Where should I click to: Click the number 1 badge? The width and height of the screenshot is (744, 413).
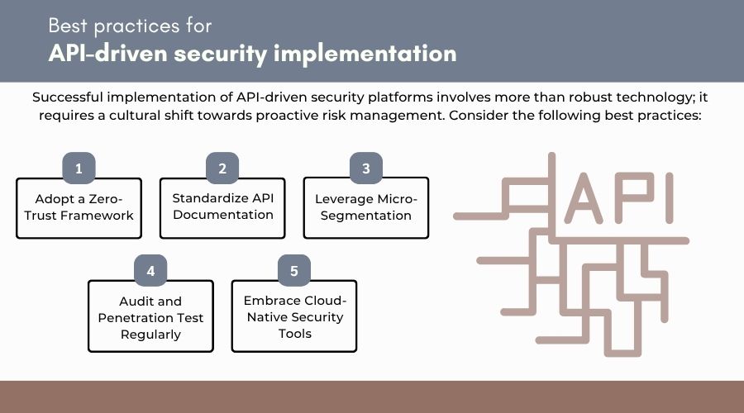pyautogui.click(x=79, y=169)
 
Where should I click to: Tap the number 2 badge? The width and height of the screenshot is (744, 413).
pyautogui.click(x=222, y=169)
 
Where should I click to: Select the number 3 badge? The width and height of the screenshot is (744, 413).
pyautogui.click(x=365, y=169)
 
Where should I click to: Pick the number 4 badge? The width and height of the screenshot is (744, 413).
pyautogui.click(x=150, y=271)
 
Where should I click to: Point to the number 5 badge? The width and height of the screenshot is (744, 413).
pyautogui.click(x=294, y=271)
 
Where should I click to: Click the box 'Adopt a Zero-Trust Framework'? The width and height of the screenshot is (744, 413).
pyautogui.click(x=79, y=207)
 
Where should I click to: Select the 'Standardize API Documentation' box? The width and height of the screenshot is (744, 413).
pyautogui.click(x=222, y=206)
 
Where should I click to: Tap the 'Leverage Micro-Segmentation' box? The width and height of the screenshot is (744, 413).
pyautogui.click(x=365, y=207)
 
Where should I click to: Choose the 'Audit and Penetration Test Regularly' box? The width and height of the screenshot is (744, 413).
pyautogui.click(x=150, y=317)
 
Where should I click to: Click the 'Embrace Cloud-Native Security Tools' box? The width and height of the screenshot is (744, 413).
pyautogui.click(x=294, y=317)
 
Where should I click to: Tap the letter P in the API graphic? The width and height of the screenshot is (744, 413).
pyautogui.click(x=633, y=199)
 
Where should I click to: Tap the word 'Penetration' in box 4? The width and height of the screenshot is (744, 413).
pyautogui.click(x=150, y=318)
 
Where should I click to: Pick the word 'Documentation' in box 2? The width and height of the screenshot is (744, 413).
pyautogui.click(x=222, y=215)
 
